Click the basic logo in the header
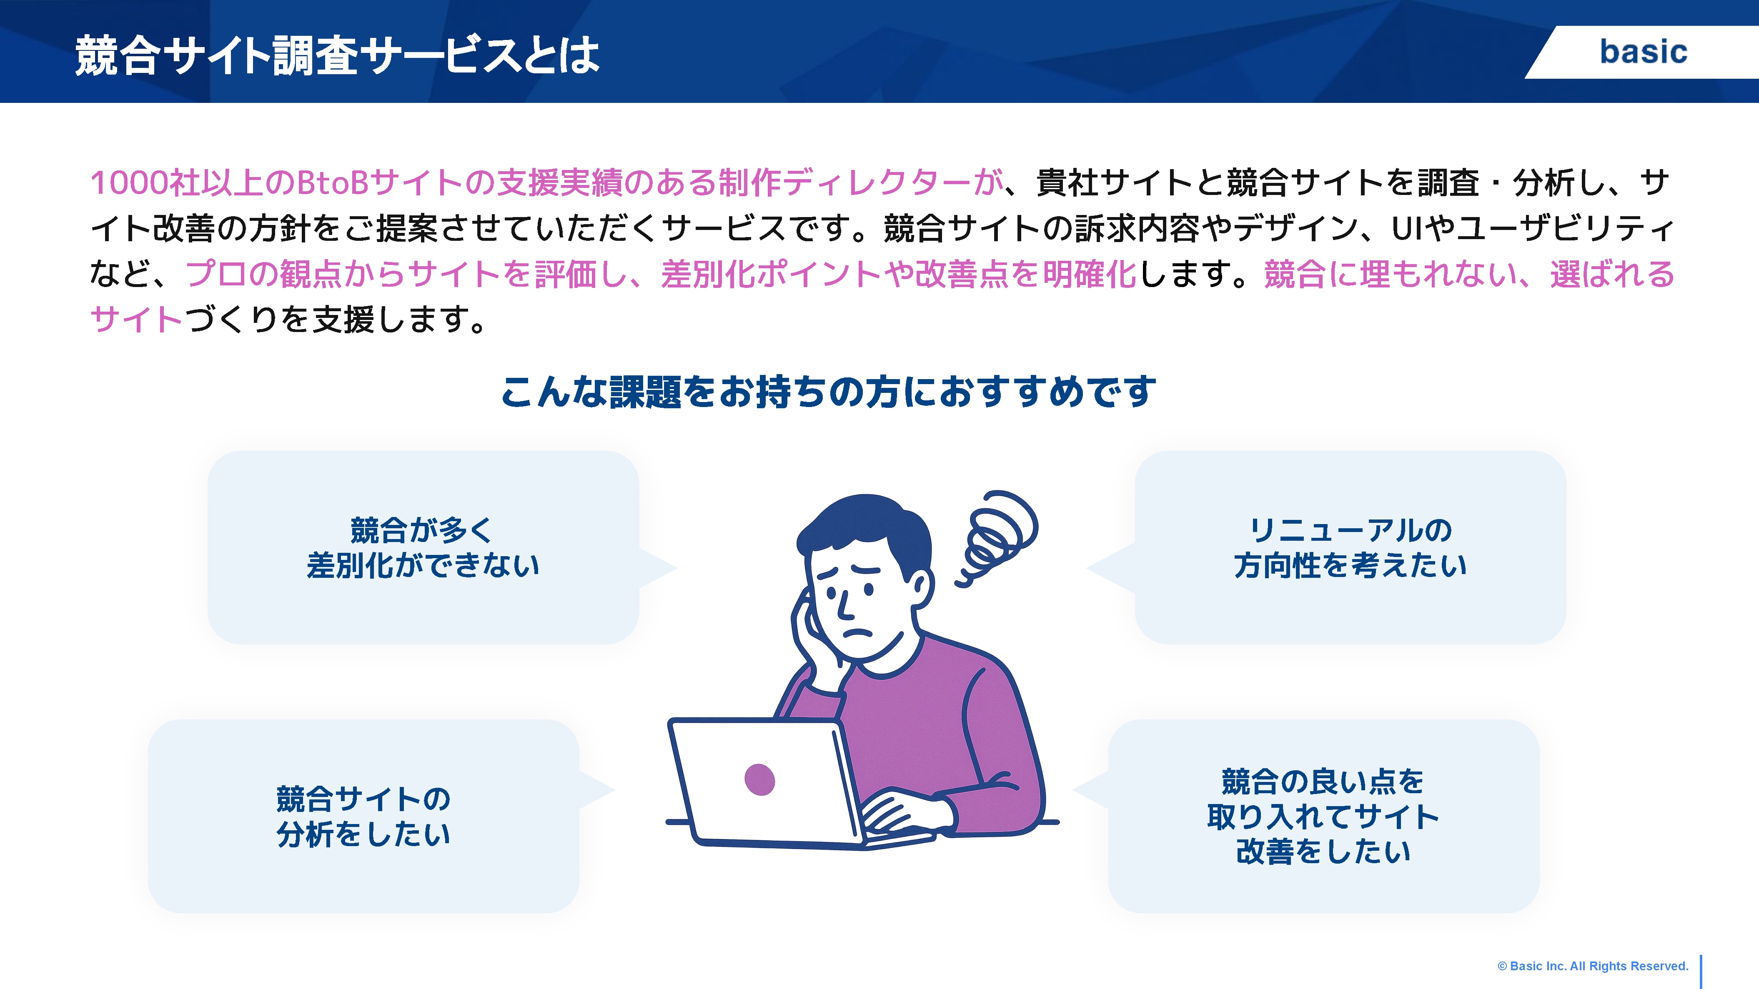(x=1643, y=52)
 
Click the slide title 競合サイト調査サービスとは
(x=337, y=55)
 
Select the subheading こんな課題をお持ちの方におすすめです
(x=828, y=392)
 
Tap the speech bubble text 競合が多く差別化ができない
(x=423, y=547)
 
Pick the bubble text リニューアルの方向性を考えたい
(x=1350, y=547)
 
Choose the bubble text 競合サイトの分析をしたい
(x=363, y=816)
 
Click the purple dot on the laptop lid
(x=759, y=779)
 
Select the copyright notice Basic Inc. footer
(x=1592, y=966)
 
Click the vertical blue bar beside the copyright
(x=1700, y=971)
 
